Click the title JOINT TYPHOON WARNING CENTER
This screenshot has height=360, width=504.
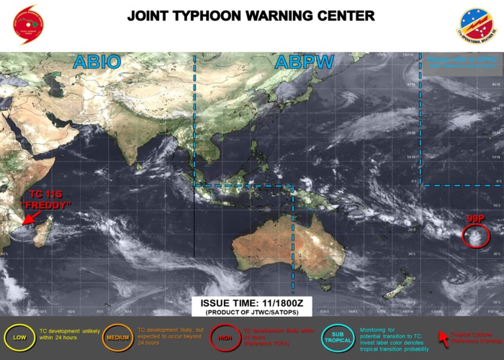click(x=251, y=15)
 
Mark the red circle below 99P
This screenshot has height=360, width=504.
click(x=474, y=235)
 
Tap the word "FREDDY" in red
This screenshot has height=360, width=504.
click(x=46, y=205)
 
